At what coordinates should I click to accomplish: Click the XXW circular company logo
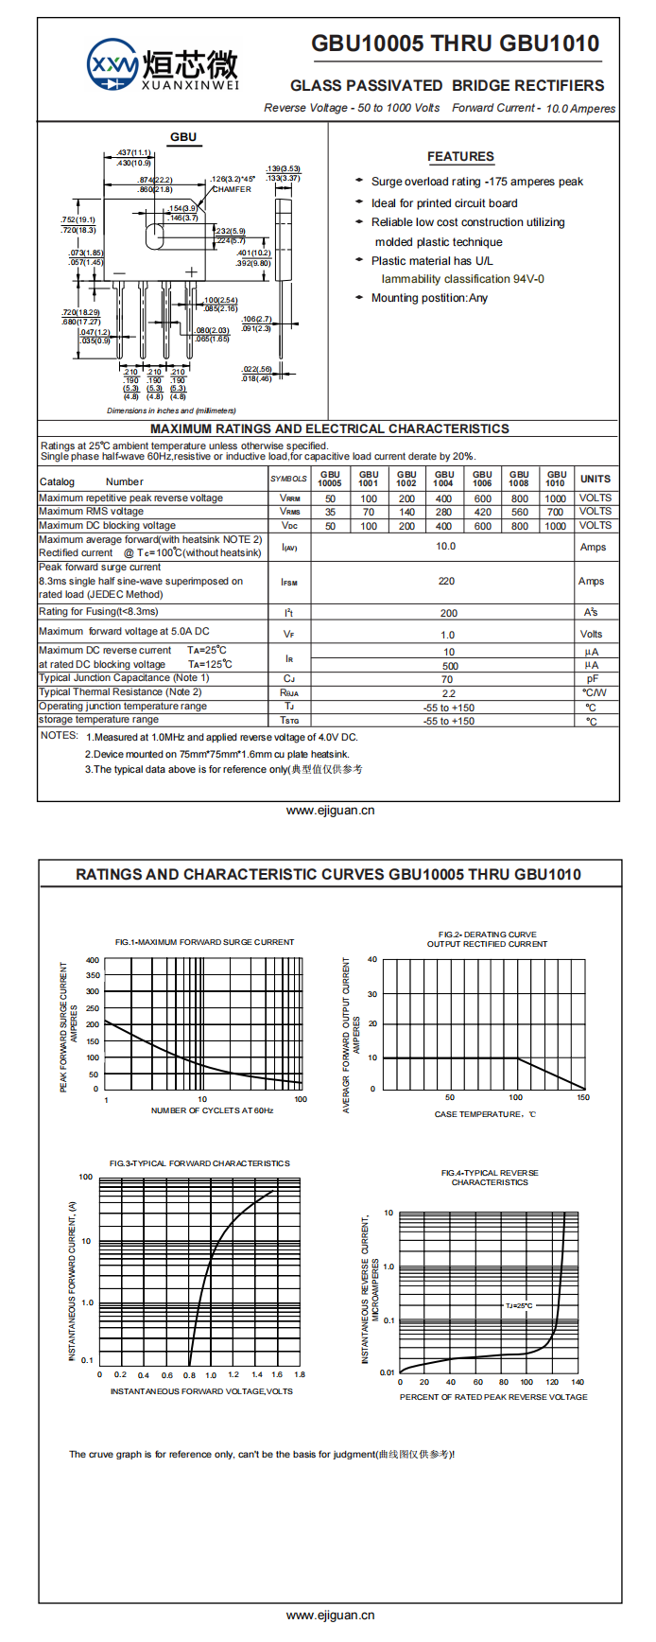(112, 65)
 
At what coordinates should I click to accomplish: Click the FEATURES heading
(460, 157)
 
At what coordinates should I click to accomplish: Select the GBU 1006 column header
(482, 479)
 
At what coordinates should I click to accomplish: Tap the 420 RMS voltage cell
(482, 512)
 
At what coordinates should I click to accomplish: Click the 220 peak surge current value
(446, 582)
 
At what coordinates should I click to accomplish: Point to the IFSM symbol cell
(289, 582)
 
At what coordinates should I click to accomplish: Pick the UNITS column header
(596, 479)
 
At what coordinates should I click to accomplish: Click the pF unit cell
(592, 679)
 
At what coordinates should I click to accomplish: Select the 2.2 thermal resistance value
(448, 693)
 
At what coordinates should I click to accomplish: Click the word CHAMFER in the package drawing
(232, 189)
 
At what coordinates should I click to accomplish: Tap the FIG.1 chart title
(204, 942)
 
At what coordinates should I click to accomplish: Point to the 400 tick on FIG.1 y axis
(93, 960)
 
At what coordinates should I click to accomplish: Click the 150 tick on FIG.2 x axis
(583, 1098)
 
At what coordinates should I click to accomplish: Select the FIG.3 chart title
(199, 1163)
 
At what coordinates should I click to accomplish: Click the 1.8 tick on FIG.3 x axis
(300, 1375)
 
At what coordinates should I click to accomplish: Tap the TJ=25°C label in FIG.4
(519, 1306)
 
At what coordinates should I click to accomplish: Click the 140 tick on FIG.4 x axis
(578, 1382)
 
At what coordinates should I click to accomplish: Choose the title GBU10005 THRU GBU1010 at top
(455, 44)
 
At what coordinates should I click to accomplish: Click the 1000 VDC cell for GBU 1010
(556, 526)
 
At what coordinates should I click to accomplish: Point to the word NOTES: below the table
(59, 736)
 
